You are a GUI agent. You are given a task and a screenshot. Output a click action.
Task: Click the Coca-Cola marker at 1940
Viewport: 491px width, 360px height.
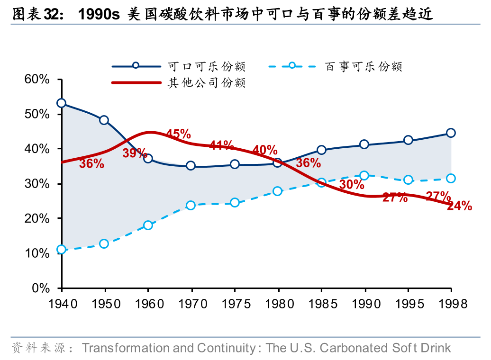[x=61, y=103]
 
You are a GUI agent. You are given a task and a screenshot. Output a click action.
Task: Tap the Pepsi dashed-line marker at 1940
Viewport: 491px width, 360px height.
[x=61, y=250]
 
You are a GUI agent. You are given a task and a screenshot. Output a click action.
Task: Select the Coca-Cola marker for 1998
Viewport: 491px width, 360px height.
[x=451, y=133]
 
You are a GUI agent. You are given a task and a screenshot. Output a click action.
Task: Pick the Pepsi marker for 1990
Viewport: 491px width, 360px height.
[x=364, y=176]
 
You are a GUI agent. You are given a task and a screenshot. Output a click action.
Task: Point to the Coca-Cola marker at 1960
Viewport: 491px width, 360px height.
[x=148, y=158]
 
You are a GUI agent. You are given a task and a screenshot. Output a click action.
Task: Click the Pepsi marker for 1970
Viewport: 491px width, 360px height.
[x=191, y=205]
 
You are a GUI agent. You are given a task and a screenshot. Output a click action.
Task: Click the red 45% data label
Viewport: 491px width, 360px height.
[x=178, y=134]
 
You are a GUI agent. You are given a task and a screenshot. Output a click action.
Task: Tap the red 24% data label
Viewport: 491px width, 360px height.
[x=459, y=206]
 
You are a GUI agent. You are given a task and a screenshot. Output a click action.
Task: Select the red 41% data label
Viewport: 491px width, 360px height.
[x=221, y=145]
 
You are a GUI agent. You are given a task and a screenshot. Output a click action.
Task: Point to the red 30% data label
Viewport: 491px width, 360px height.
[x=352, y=185]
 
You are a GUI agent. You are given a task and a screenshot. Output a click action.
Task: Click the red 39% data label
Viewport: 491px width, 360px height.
[x=135, y=153]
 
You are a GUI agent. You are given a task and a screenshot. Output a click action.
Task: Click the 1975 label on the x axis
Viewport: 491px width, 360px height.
[x=235, y=303]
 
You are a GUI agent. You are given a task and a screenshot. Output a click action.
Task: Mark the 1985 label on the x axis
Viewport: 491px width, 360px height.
[x=321, y=303]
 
